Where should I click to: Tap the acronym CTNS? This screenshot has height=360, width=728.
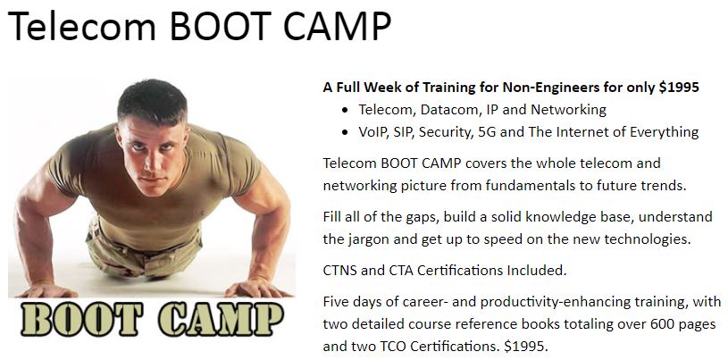point(339,271)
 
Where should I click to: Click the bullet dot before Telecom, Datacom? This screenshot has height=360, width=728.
point(344,111)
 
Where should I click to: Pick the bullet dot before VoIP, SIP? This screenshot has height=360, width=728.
point(344,133)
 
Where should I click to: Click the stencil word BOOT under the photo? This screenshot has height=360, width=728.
point(81,319)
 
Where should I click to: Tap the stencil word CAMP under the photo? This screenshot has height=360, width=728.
point(221,319)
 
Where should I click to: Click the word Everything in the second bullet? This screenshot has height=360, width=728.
point(664,132)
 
